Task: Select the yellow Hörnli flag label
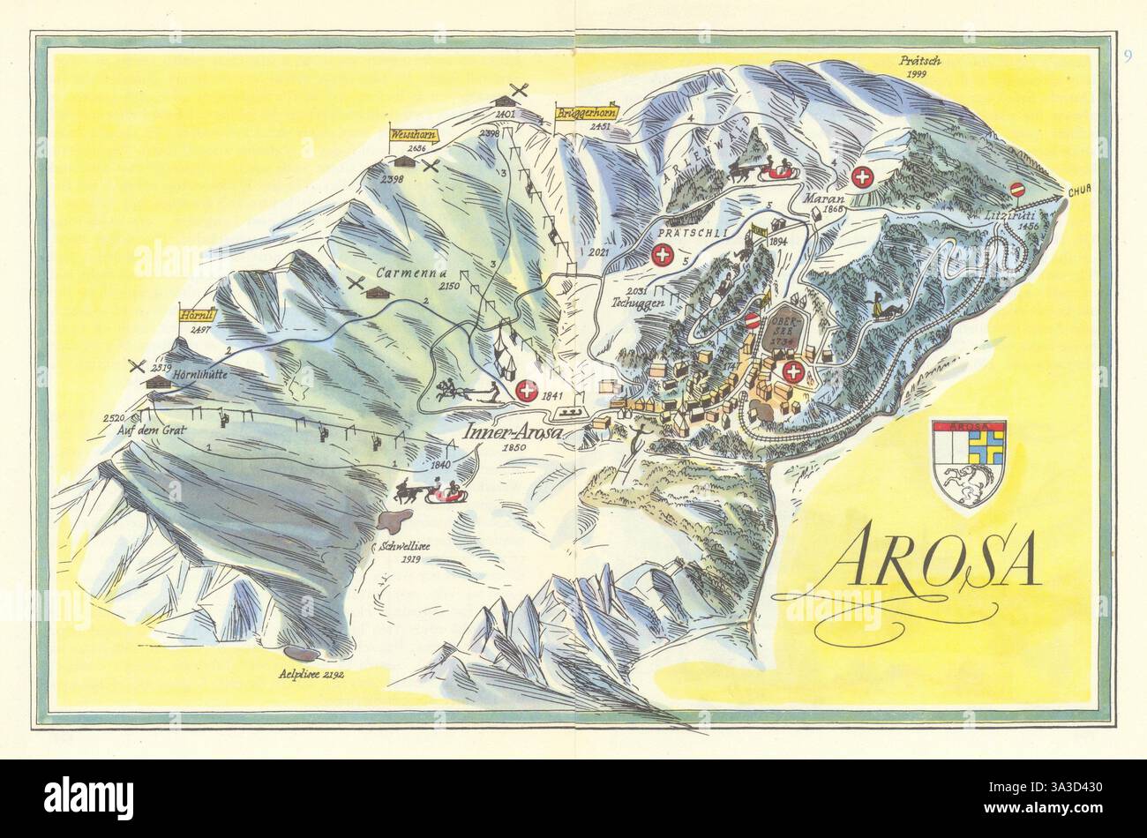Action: click(194, 314)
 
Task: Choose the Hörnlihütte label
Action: click(202, 373)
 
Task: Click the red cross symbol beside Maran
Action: click(864, 177)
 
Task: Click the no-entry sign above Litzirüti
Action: click(1019, 189)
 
